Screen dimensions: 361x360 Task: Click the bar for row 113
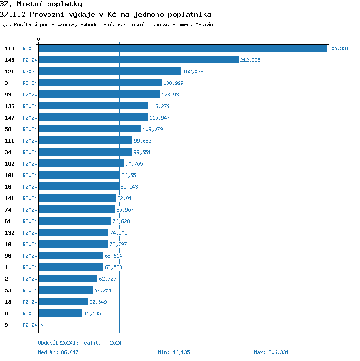[x=183, y=48]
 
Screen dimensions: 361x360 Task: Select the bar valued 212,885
[x=139, y=60]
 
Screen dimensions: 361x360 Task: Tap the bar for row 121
[x=110, y=71]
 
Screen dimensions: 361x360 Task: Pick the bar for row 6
[x=60, y=313]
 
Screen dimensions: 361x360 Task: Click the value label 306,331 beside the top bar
[x=338, y=48]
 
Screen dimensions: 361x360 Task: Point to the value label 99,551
[x=143, y=152]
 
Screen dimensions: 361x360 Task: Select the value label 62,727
[x=108, y=279]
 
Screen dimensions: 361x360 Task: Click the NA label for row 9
[x=43, y=325]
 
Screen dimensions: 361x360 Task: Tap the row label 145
[x=10, y=60]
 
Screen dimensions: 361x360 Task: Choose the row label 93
[x=8, y=95]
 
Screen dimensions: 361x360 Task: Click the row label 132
[x=10, y=233]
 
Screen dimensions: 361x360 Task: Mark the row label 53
[x=8, y=290]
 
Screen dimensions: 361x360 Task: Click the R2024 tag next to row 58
[x=30, y=129]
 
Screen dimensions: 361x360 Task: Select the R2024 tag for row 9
[x=30, y=325]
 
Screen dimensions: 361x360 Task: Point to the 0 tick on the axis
[x=39, y=39]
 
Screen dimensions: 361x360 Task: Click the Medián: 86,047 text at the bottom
[x=58, y=352]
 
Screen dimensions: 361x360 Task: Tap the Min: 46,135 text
[x=174, y=352]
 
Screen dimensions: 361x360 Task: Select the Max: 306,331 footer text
[x=271, y=352]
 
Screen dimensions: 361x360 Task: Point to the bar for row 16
[x=79, y=186]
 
